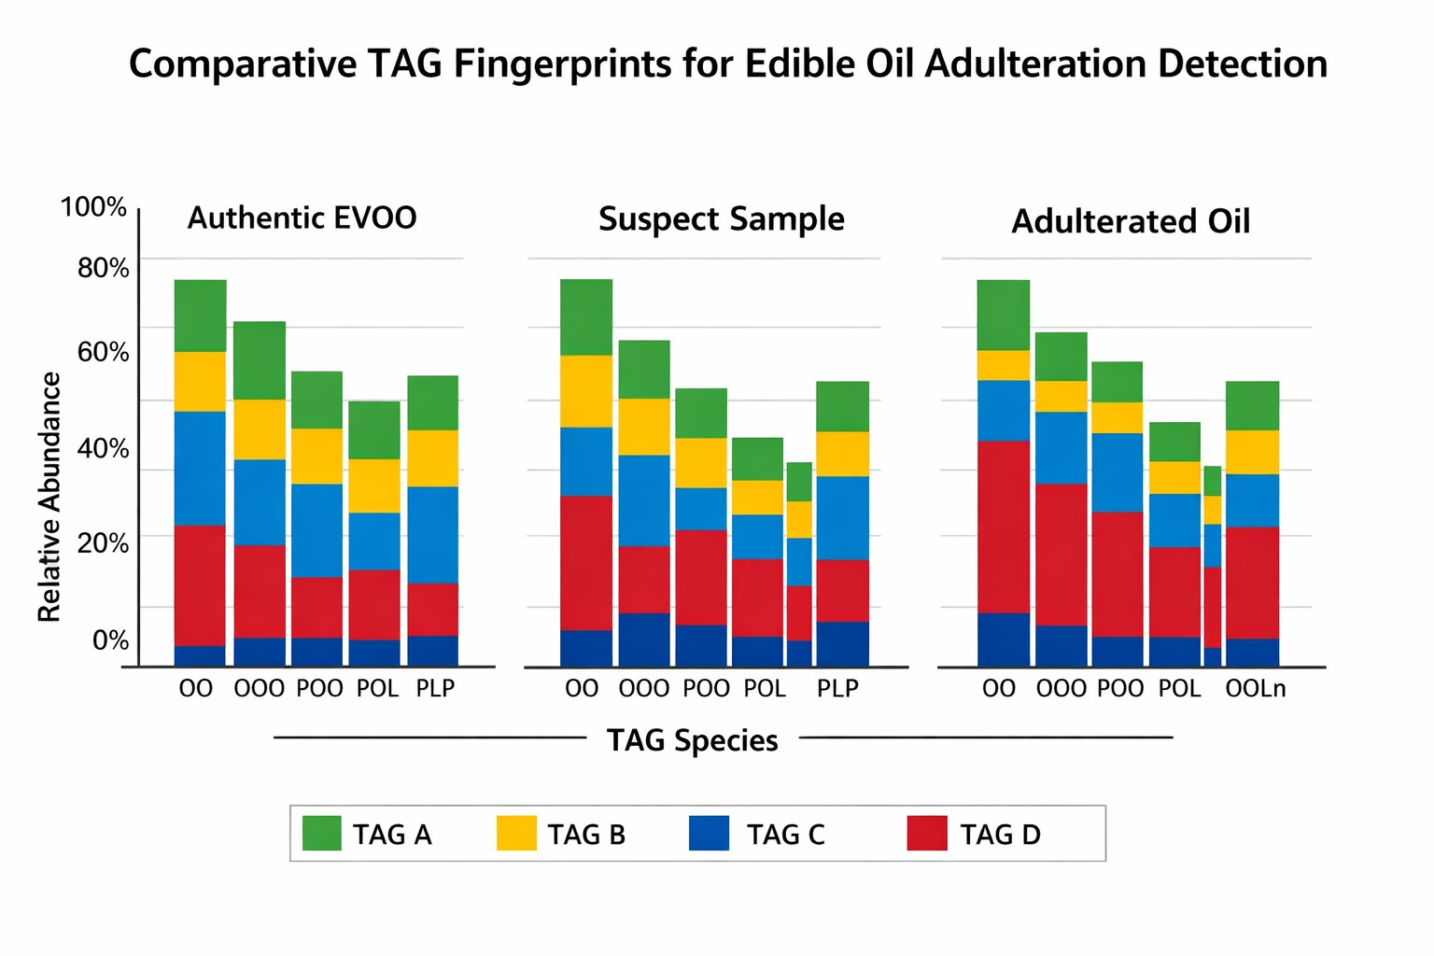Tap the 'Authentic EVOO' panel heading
pos(302,218)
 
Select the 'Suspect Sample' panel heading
pos(721,219)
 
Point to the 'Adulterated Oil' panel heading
pos(1130,222)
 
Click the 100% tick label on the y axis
pos(93,207)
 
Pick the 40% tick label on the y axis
pos(103,448)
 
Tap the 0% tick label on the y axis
pos(110,640)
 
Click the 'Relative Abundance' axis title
pos(49,497)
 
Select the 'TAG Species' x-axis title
pos(692,740)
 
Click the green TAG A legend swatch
pos(322,833)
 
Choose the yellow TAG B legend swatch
pos(516,833)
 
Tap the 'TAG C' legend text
pos(785,835)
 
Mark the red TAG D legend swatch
pos(927,833)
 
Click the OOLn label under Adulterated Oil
pos(1255,689)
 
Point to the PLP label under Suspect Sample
pos(837,689)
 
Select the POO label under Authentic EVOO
pos(319,689)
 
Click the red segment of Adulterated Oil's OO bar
pos(1003,527)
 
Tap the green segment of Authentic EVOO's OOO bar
pos(260,360)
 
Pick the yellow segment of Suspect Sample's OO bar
pos(586,391)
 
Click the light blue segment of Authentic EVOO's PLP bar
pos(432,535)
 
